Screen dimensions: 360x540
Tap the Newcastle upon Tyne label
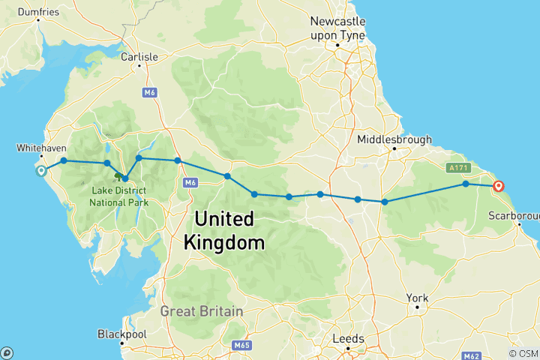pyautogui.click(x=337, y=27)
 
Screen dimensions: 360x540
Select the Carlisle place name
pyautogui.click(x=139, y=56)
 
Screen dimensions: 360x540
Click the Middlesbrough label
pyautogui.click(x=394, y=139)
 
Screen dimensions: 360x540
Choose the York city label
pyautogui.click(x=417, y=298)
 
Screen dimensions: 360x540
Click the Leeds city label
pyautogui.click(x=349, y=339)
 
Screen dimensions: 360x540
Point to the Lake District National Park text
pyautogui.click(x=118, y=196)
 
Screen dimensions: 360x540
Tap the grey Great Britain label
pyautogui.click(x=202, y=311)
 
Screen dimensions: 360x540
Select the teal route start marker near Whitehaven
pyautogui.click(x=41, y=170)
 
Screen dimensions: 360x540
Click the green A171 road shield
pyautogui.click(x=458, y=167)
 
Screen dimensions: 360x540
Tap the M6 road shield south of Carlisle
pyautogui.click(x=148, y=91)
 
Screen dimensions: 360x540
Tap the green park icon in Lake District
pyautogui.click(x=118, y=176)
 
